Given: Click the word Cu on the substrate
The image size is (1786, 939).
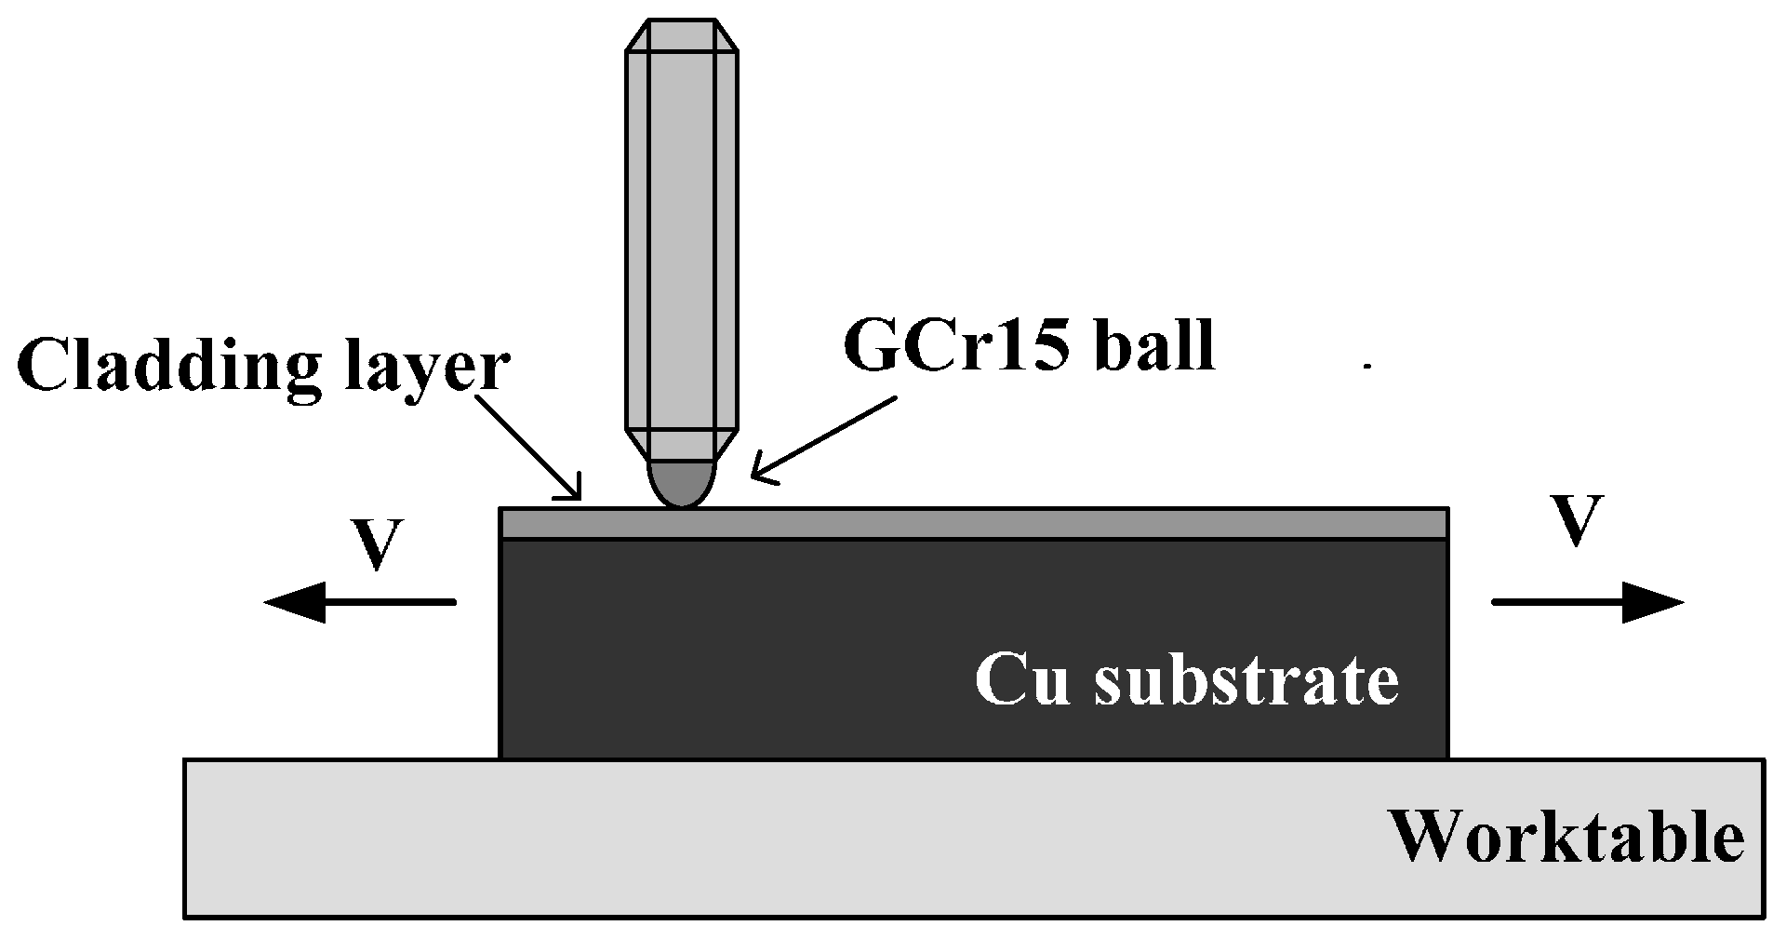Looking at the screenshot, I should (1020, 679).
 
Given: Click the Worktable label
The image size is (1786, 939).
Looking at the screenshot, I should (1566, 837).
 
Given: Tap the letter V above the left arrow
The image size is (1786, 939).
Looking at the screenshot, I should (376, 545).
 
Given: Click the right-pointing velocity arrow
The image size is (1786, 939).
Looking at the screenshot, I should (1587, 602).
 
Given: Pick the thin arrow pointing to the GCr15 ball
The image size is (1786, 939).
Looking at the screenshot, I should (822, 440).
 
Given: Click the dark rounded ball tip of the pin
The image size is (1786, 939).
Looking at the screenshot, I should (683, 484).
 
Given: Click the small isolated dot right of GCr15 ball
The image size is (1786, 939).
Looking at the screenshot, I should (1367, 367).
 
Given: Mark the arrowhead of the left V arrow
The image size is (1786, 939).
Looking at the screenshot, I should (296, 602).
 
